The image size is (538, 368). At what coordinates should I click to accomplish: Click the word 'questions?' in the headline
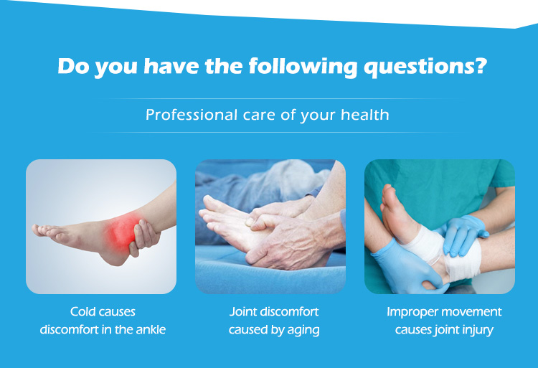(x=425, y=67)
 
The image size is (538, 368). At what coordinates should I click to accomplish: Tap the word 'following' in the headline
(x=303, y=66)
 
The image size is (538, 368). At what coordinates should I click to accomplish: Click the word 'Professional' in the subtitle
(x=191, y=115)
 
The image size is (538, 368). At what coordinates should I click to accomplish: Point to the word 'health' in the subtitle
(x=365, y=114)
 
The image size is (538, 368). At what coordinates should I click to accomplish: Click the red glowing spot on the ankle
(x=123, y=229)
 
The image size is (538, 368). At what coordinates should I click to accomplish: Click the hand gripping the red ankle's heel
(x=144, y=237)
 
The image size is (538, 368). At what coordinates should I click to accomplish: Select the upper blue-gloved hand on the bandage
(x=463, y=235)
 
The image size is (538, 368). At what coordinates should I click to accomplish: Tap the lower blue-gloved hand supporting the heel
(x=407, y=267)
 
